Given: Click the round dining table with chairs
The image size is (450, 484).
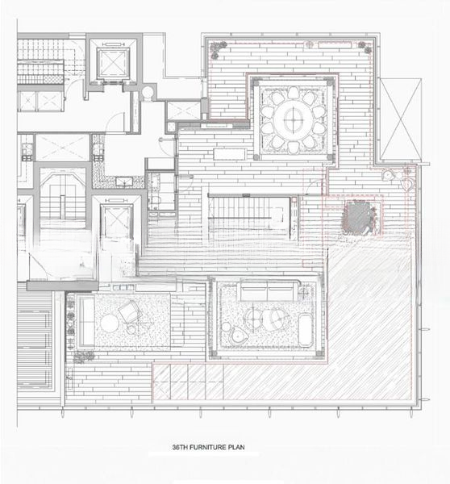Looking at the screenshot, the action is (x=294, y=119).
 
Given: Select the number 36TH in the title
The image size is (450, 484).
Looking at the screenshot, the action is (x=180, y=447).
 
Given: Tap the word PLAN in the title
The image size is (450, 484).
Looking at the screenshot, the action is (x=236, y=447).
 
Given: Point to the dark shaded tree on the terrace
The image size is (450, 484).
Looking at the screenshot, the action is (x=359, y=217).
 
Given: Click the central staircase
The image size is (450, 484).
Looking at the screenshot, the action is (x=249, y=216).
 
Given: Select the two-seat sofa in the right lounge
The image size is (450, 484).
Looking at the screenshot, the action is (x=267, y=291).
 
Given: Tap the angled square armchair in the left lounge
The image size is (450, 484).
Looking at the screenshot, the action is (x=131, y=311).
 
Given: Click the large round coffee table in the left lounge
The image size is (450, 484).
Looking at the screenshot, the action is (x=110, y=323).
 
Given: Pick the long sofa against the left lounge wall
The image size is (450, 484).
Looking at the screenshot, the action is (x=87, y=321).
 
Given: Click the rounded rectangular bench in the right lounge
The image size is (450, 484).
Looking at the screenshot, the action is (x=306, y=329).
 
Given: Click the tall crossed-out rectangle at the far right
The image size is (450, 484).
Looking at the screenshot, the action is (x=401, y=119).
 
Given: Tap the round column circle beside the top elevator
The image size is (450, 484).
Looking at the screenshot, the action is (x=148, y=92).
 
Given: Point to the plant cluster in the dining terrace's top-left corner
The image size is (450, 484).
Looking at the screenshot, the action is (x=218, y=49).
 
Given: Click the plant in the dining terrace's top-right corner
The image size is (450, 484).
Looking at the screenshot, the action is (x=365, y=48).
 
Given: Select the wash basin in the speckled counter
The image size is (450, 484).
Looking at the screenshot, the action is (x=124, y=181).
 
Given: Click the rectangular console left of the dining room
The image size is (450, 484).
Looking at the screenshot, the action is (x=230, y=154).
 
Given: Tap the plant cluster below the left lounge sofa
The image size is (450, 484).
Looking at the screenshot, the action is (x=83, y=357).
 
